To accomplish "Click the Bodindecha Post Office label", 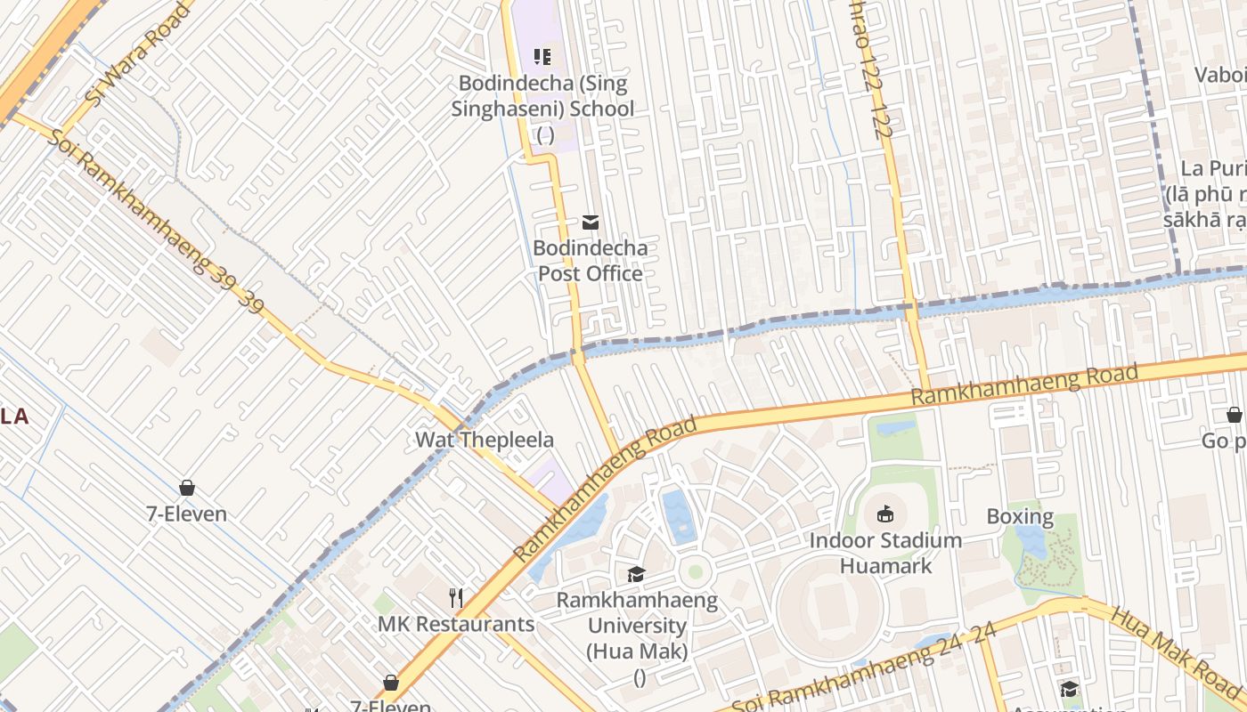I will pos(590,261).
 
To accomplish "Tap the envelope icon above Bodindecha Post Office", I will pos(590,222).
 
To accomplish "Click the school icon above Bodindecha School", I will pos(542,57).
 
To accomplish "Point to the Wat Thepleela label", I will pos(485,440).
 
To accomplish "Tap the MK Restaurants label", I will pos(456,624).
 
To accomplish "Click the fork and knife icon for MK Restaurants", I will pos(456,597).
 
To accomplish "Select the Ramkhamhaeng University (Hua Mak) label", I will pos(637,626).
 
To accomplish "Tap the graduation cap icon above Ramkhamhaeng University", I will pos(636,574).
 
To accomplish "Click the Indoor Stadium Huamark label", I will pos(885,553).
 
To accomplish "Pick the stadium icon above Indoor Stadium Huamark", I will pos(885,514).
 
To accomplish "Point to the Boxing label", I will pos(1020,516).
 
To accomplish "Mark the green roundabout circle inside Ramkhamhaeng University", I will pos(696,570).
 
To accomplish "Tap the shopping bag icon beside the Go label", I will pos(1234,415).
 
